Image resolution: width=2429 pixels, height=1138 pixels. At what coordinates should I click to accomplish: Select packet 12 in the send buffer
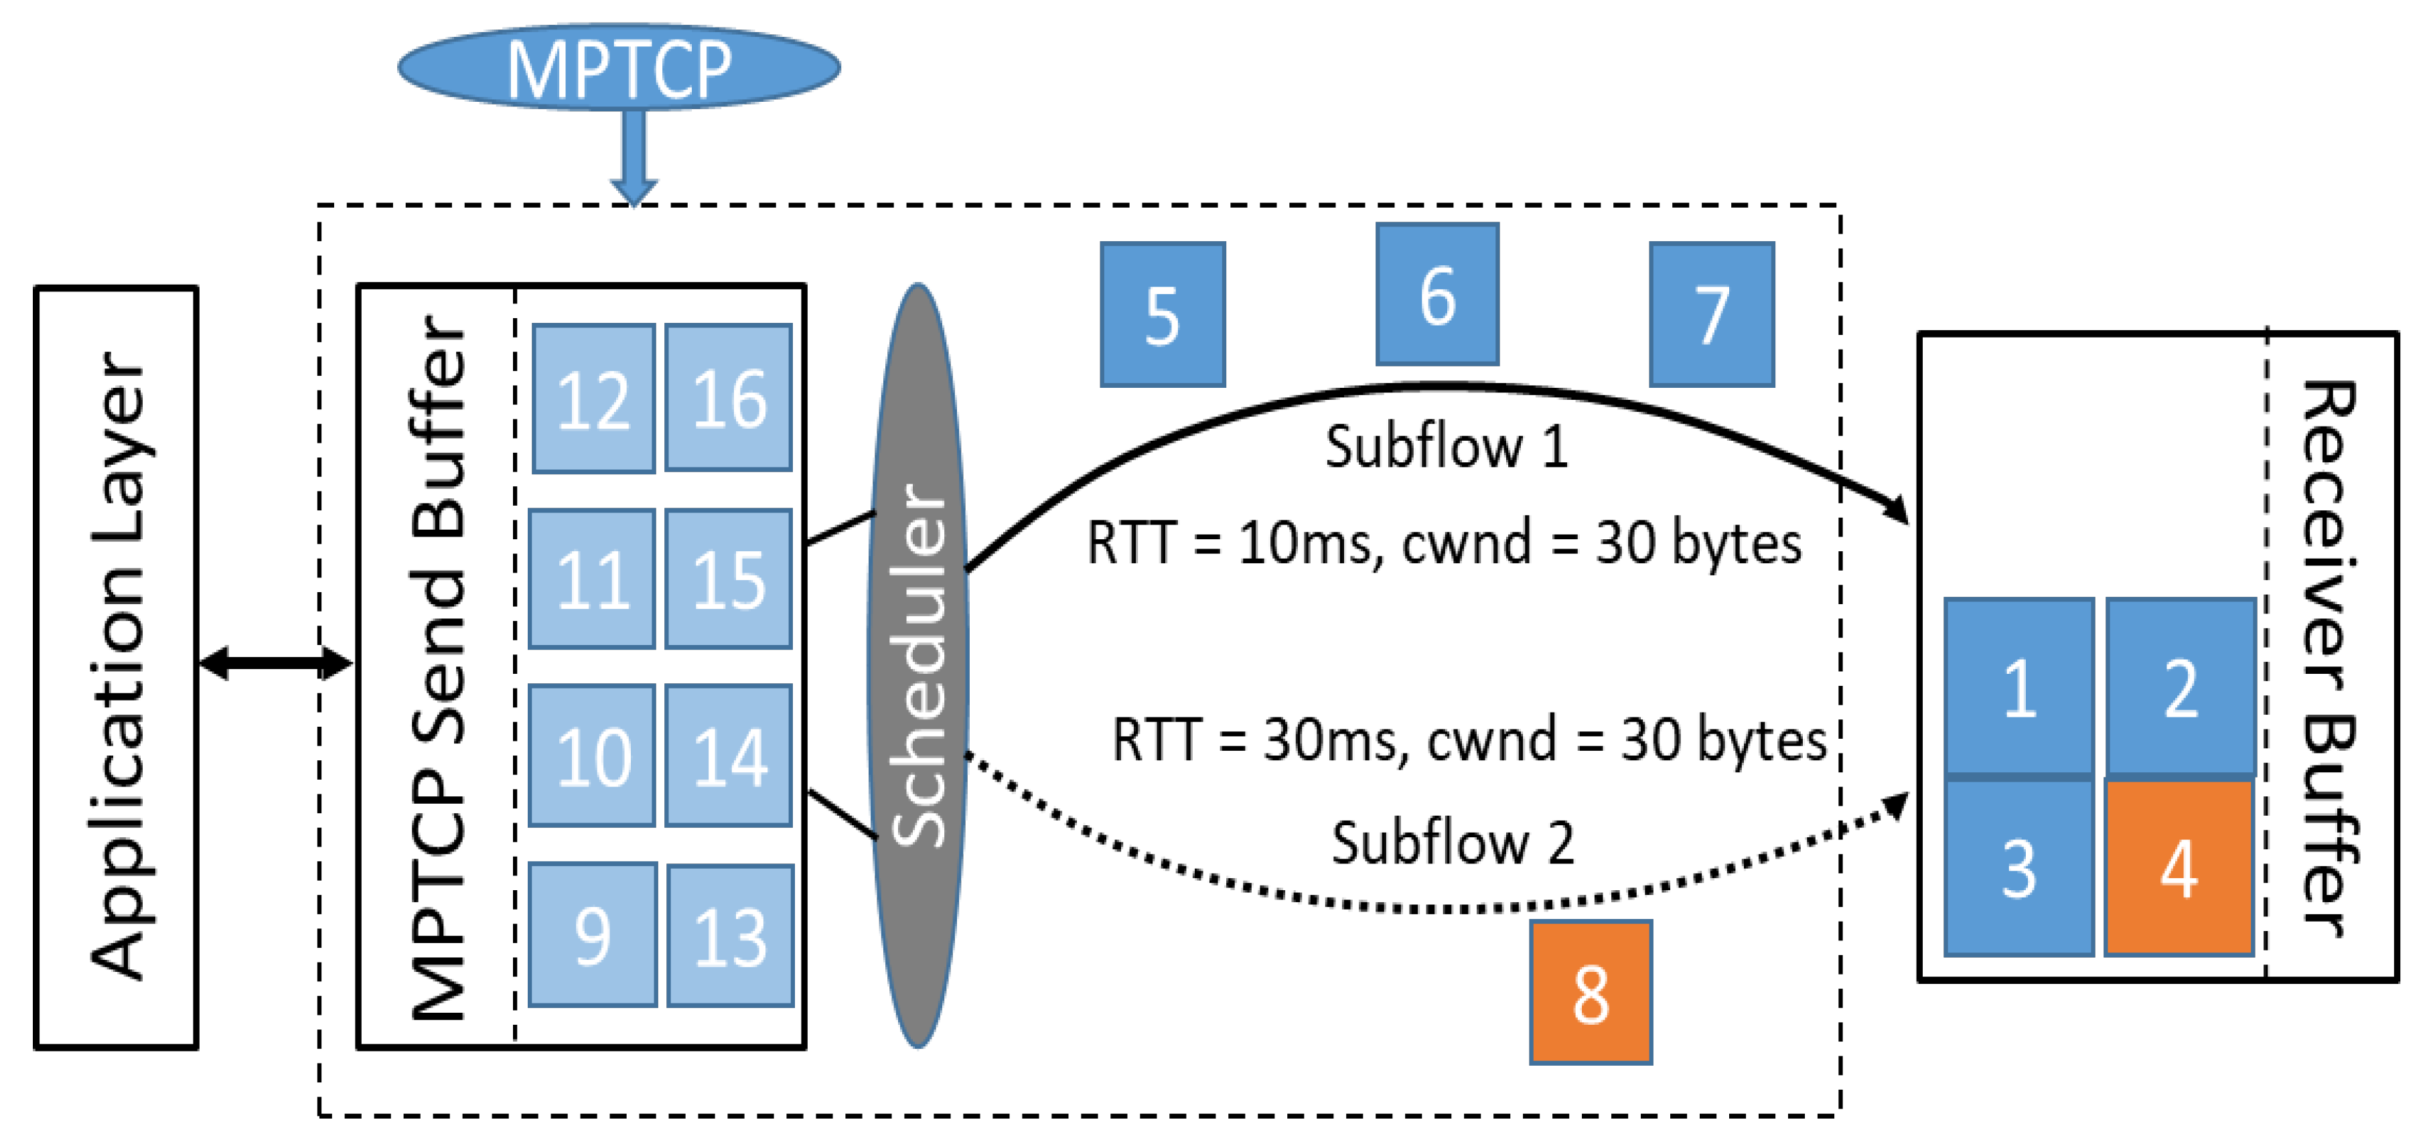pyautogui.click(x=593, y=399)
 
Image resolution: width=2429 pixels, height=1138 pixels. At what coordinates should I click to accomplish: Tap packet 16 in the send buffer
pyautogui.click(x=728, y=398)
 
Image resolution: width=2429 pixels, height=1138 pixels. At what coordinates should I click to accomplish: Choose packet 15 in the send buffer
pyautogui.click(x=728, y=579)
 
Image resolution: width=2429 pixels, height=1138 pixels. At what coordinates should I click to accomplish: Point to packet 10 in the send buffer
pyautogui.click(x=592, y=756)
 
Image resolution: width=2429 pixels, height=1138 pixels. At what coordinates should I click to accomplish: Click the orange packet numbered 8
pyautogui.click(x=1591, y=993)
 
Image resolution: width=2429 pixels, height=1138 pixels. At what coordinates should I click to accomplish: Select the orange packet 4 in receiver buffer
pyautogui.click(x=2179, y=867)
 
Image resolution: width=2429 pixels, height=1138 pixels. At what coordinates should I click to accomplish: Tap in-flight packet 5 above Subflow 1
pyautogui.click(x=1163, y=315)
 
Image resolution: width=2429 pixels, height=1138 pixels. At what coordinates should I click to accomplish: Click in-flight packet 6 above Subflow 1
pyautogui.click(x=1437, y=294)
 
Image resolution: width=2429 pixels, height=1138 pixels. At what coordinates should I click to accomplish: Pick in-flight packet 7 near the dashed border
pyautogui.click(x=1712, y=315)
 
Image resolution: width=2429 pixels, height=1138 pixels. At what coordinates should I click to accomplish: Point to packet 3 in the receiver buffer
pyautogui.click(x=2019, y=867)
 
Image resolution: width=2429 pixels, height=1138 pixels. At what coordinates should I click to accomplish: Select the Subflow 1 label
pyautogui.click(x=1447, y=446)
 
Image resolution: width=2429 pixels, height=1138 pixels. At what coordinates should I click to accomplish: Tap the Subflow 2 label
pyautogui.click(x=1452, y=842)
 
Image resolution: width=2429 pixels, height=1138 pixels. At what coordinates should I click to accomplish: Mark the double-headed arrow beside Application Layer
pyautogui.click(x=275, y=663)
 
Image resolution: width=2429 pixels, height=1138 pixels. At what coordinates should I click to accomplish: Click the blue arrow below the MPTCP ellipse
pyautogui.click(x=634, y=155)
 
